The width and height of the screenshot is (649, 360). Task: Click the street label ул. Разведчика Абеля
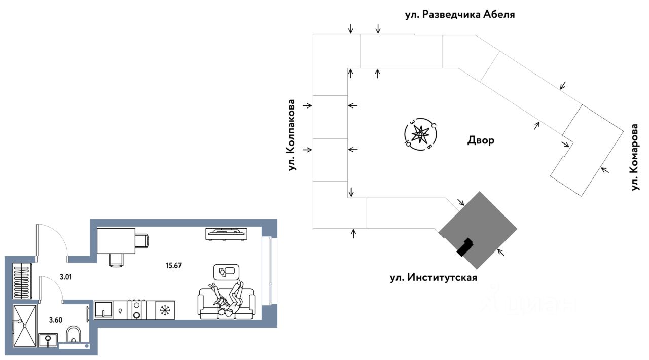(460, 15)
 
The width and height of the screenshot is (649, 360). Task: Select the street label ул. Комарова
(635, 157)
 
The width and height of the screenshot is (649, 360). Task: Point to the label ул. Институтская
(434, 277)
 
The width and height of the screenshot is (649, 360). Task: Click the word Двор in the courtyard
(481, 140)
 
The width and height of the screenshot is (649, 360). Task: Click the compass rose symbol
(420, 134)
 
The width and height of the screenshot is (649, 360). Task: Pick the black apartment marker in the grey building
(465, 247)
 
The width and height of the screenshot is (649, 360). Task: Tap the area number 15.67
(173, 265)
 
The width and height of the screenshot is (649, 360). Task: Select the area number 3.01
(66, 277)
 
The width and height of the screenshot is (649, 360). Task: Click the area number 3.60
(56, 320)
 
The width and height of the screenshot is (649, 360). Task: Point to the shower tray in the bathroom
(25, 326)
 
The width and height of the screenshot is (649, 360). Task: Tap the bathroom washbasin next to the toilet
(48, 340)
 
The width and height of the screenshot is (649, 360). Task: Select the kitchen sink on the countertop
(103, 310)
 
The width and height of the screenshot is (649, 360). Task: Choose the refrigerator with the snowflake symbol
(165, 310)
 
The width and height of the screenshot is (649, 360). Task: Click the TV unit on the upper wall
(227, 234)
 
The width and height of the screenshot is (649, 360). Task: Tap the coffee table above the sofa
(226, 272)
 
